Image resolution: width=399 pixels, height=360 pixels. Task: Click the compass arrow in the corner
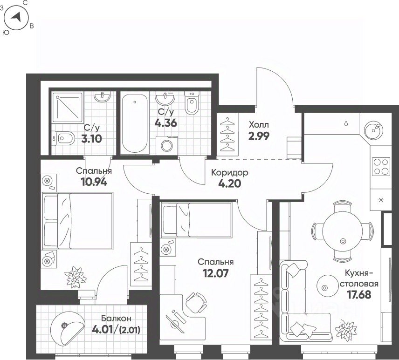(x=16, y=17)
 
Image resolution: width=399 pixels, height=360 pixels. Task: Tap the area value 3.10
(x=91, y=139)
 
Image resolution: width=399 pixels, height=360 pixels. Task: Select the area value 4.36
(x=165, y=123)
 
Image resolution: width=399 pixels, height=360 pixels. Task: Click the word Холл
(x=259, y=125)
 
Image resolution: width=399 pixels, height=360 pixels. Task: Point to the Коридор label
(x=229, y=173)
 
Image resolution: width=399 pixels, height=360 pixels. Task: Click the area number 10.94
(x=94, y=182)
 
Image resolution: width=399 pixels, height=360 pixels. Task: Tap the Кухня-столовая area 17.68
(x=359, y=295)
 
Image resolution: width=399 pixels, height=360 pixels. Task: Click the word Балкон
(x=116, y=318)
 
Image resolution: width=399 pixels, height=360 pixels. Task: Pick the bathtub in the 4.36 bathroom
(x=135, y=123)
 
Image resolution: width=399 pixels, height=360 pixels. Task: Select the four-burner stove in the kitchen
(x=381, y=167)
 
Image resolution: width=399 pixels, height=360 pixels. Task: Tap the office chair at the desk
(x=195, y=303)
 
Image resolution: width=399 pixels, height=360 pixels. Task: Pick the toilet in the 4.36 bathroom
(x=191, y=103)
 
